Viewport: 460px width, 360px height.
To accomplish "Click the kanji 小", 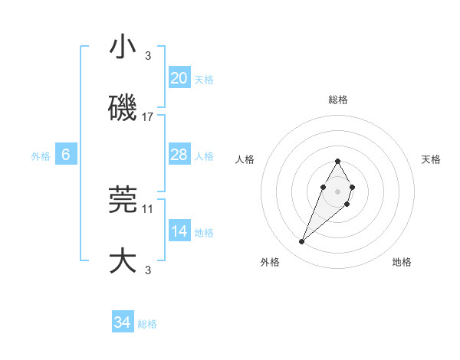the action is click(x=123, y=47).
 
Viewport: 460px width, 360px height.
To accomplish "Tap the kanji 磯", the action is click(x=123, y=109).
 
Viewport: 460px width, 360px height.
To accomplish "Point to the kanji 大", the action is click(x=123, y=261).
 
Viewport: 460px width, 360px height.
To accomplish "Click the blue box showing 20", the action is click(x=179, y=77).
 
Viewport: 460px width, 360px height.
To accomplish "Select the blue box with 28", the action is click(x=179, y=155).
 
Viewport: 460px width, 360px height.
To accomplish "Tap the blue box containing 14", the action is click(x=179, y=231).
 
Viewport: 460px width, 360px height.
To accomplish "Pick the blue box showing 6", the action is click(x=66, y=155).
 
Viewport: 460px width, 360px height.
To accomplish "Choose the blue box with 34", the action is click(x=123, y=322).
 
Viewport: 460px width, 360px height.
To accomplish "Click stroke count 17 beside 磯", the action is click(x=148, y=117).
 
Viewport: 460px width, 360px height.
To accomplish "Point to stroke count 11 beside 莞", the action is click(x=148, y=208).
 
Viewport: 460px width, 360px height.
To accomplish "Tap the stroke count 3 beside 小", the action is click(x=148, y=55).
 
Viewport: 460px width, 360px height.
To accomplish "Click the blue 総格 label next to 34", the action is click(x=147, y=324).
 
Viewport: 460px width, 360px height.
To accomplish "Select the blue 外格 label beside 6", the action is click(x=41, y=156).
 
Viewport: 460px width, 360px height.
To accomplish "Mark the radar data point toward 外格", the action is click(x=301, y=242).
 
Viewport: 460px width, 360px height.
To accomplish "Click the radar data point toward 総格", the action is click(x=337, y=162).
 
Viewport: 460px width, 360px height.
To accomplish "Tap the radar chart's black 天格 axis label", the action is click(x=431, y=159).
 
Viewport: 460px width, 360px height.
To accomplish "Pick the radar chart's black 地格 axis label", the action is click(x=402, y=263).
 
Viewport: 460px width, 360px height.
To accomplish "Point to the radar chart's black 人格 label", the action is click(x=245, y=159).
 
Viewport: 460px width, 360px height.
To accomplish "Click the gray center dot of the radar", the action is click(x=337, y=191).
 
